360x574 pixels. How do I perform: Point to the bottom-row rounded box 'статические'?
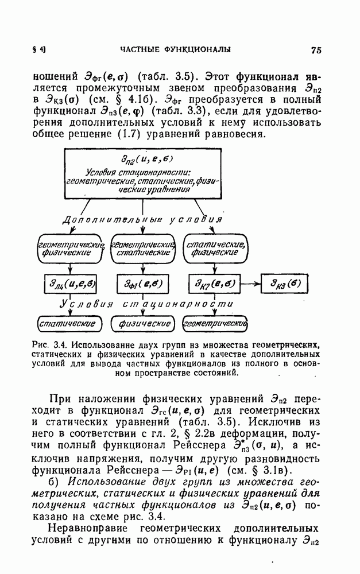[65, 324]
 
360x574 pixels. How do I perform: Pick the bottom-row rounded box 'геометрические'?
[214, 324]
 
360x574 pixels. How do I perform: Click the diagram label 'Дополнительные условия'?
[141, 220]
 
